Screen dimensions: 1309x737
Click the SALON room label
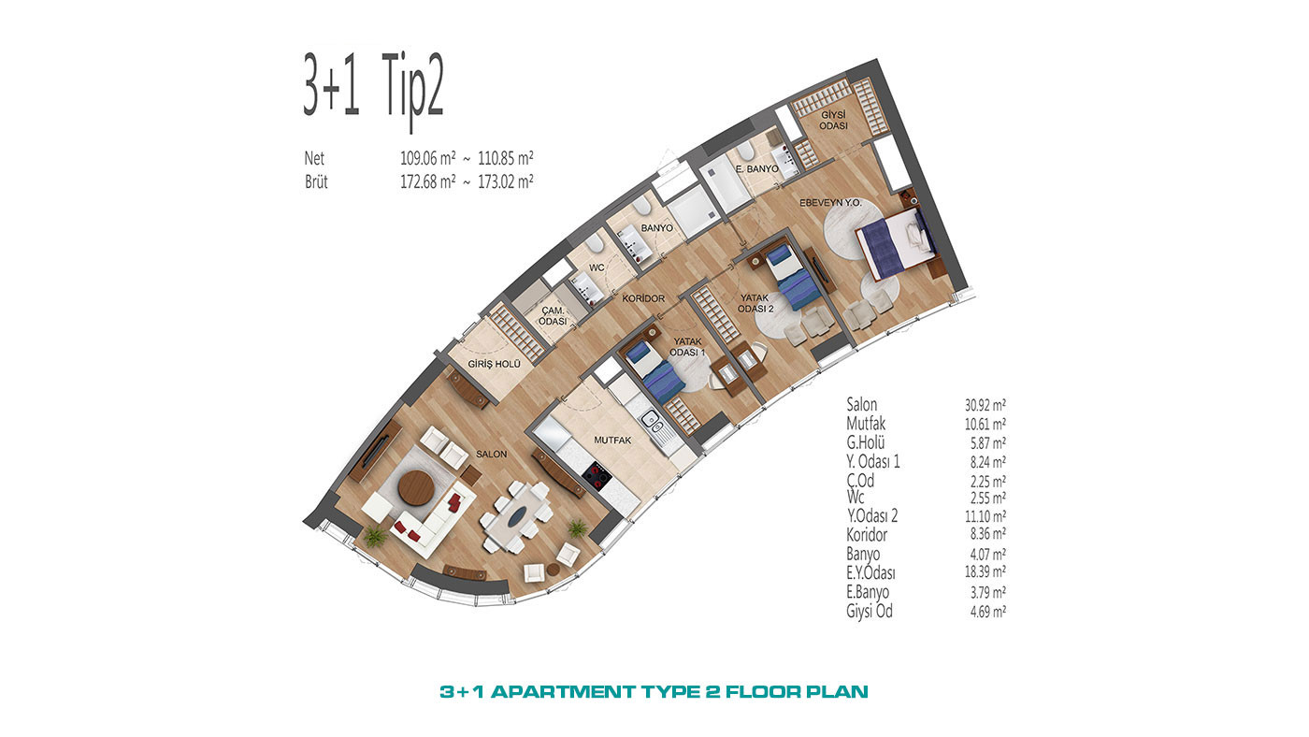(x=491, y=455)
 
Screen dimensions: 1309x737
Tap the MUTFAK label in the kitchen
(x=612, y=441)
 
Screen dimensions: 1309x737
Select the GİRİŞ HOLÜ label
(x=494, y=364)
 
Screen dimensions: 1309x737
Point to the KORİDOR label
(x=643, y=298)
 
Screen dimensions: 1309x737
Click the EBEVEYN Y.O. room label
(x=830, y=203)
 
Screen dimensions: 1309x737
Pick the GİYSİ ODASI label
(x=833, y=121)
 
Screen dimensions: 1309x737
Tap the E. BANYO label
(x=756, y=169)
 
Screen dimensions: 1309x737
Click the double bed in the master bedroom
(x=896, y=242)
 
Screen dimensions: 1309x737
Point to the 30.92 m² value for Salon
(x=985, y=404)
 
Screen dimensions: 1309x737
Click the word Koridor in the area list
(x=867, y=535)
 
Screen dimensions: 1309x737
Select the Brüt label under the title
(x=316, y=181)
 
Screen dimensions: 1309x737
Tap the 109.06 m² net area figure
(x=428, y=158)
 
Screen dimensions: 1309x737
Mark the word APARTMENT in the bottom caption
(x=563, y=692)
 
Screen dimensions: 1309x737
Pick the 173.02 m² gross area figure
(x=506, y=181)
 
